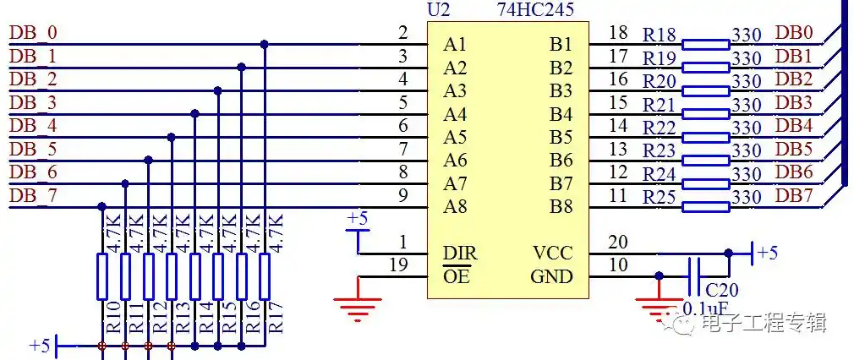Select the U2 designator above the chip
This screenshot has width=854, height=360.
coord(440,11)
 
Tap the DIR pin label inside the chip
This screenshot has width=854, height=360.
coord(460,253)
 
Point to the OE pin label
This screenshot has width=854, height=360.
coord(457,276)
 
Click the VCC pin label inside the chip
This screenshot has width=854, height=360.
coord(552,253)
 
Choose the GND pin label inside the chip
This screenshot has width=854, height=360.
coord(551,276)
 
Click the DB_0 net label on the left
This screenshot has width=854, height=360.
coord(33,33)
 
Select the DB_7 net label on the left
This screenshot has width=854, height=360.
coord(33,196)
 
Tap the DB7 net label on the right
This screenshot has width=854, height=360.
coord(794,196)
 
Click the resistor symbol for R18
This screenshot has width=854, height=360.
coord(705,42)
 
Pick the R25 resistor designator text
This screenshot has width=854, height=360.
coord(660,198)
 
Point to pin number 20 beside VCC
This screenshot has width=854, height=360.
coord(618,243)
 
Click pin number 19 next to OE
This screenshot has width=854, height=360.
coord(398,265)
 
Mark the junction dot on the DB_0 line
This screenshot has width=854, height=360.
coord(265,44)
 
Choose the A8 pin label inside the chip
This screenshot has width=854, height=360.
coord(457,206)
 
